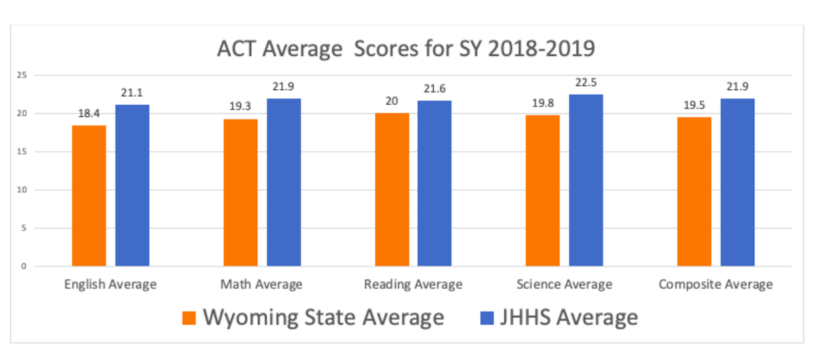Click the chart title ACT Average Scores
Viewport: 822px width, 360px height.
pyautogui.click(x=406, y=50)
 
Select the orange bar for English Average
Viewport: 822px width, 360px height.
pyautogui.click(x=89, y=195)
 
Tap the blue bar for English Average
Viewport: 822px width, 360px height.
pyautogui.click(x=132, y=185)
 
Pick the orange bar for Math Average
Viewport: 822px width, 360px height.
pyautogui.click(x=240, y=193)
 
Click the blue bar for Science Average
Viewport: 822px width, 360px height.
pyautogui.click(x=586, y=180)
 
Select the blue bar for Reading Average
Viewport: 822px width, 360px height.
pyautogui.click(x=435, y=183)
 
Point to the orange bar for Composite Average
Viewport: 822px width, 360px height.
pyautogui.click(x=694, y=192)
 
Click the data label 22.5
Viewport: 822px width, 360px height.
pyautogui.click(x=586, y=83)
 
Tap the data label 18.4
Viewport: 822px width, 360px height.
pyautogui.click(x=89, y=115)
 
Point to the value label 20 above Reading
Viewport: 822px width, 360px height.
pyautogui.click(x=392, y=103)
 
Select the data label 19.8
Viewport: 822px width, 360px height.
pyautogui.click(x=543, y=104)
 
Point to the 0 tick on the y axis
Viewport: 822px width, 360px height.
pyautogui.click(x=24, y=267)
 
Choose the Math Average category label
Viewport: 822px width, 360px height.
pyautogui.click(x=261, y=285)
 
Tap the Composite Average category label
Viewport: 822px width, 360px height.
pyautogui.click(x=715, y=285)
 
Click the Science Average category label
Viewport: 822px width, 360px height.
pyautogui.click(x=564, y=285)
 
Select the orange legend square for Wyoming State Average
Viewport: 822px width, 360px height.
pyautogui.click(x=189, y=318)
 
